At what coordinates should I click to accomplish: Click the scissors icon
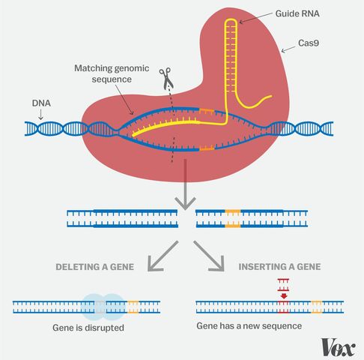[x=166, y=76]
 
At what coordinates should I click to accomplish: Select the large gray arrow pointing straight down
[x=182, y=198]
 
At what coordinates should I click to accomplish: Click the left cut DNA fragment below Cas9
[x=122, y=218]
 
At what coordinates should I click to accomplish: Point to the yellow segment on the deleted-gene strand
[x=134, y=306]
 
